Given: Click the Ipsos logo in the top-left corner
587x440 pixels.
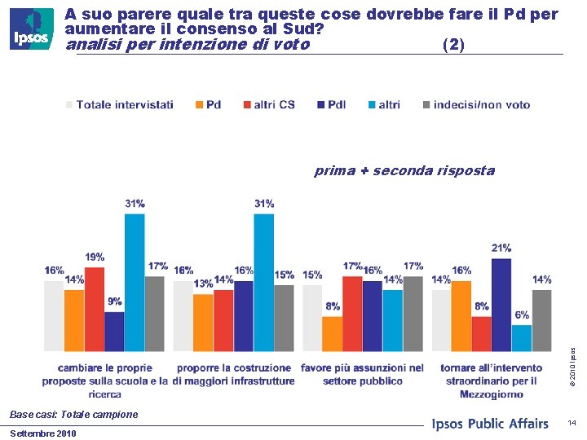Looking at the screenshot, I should pyautogui.click(x=32, y=29).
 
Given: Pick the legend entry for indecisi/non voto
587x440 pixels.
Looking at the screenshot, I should pyautogui.click(x=476, y=104).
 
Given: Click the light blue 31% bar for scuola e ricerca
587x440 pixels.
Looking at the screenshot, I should pyautogui.click(x=135, y=282).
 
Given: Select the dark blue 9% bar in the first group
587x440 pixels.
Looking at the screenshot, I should pyautogui.click(x=114, y=331).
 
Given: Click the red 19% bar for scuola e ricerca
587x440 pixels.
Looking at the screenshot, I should pyautogui.click(x=95, y=309).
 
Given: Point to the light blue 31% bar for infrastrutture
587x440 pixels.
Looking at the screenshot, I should pyautogui.click(x=263, y=282).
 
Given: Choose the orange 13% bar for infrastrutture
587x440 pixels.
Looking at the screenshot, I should pyautogui.click(x=203, y=323).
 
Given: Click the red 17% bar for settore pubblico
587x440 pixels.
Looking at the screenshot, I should pyautogui.click(x=352, y=314).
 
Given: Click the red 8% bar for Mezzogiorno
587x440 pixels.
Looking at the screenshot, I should pyautogui.click(x=481, y=334).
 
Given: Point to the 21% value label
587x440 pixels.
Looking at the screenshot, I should pyautogui.click(x=501, y=248).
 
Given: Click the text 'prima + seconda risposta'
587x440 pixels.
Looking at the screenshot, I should pyautogui.click(x=404, y=171).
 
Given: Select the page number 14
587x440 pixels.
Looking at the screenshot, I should pyautogui.click(x=572, y=423).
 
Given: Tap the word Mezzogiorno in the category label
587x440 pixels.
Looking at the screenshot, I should pyautogui.click(x=492, y=394).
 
